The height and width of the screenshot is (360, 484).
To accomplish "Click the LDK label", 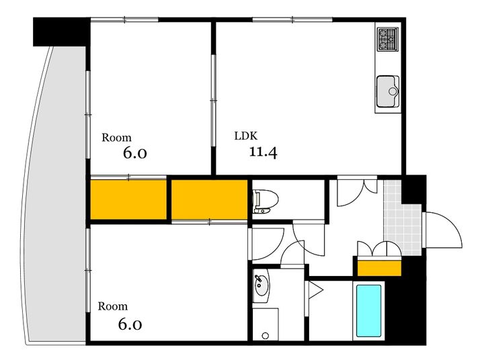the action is [246, 136].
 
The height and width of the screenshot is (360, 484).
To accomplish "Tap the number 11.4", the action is [263, 152].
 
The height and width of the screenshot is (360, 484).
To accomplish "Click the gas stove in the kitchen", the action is [388, 39].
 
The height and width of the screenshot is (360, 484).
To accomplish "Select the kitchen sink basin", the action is [388, 91].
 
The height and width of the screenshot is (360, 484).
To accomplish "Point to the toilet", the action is [265, 201].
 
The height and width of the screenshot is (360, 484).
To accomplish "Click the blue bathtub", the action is [368, 311].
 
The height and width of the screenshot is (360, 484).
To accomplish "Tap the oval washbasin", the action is [261, 285].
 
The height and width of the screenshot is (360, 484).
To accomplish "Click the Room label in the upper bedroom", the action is [116, 138].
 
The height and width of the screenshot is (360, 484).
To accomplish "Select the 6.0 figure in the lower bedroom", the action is [130, 324].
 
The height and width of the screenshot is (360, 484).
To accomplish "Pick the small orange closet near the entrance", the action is [379, 269].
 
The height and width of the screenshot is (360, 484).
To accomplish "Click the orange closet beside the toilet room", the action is [210, 199].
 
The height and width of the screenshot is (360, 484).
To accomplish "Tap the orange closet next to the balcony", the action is [128, 199].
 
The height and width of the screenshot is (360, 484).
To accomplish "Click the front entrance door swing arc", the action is [452, 223].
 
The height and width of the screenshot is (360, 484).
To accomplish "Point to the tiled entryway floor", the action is [401, 222].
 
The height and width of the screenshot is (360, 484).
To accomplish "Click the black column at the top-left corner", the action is [61, 32].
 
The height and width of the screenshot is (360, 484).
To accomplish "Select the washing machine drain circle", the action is [265, 335].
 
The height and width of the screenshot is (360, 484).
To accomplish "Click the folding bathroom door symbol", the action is [314, 289].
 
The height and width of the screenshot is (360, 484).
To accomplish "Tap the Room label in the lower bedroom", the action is [113, 306].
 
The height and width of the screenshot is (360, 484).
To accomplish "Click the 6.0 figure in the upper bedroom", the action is [135, 153].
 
